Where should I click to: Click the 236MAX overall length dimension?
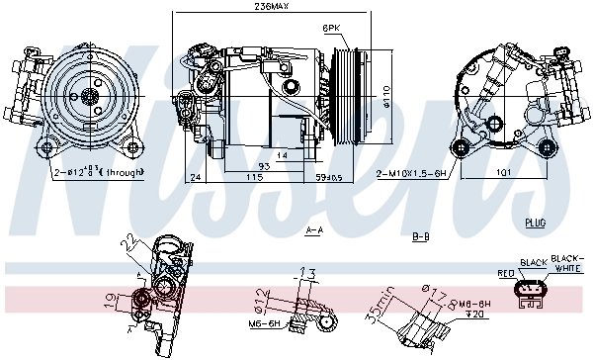271,8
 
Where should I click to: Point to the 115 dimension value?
254,177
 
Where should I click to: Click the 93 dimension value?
235,165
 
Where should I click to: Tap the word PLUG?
537,223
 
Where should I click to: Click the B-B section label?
418,237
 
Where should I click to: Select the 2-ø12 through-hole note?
97,172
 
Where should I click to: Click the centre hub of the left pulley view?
89,96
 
